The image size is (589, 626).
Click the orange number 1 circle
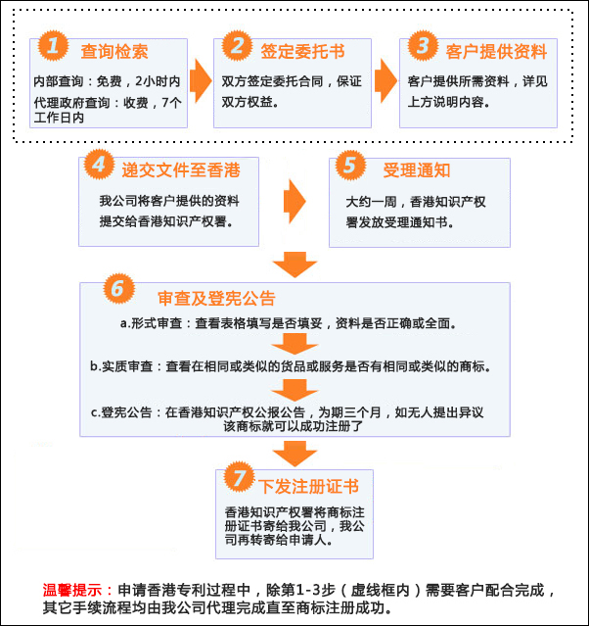click(52, 46)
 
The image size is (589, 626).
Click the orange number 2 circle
click(236, 45)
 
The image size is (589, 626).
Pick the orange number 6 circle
click(115, 289)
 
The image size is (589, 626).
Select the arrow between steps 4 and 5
click(294, 202)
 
